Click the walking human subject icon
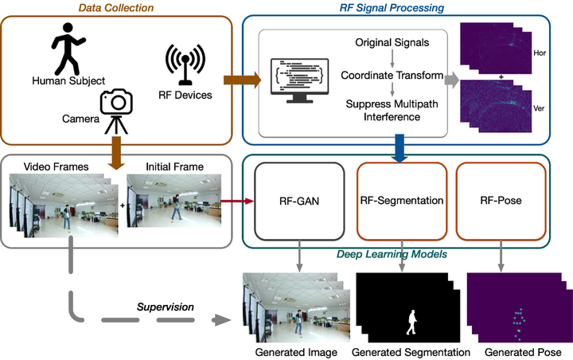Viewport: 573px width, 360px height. (68, 49)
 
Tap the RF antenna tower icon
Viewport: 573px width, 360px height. (185, 65)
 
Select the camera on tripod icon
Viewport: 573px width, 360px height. (116, 112)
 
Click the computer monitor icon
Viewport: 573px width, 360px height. (299, 80)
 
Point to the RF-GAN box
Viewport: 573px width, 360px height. (299, 202)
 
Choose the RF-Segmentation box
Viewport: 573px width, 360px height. (402, 202)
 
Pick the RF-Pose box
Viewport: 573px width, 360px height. (501, 202)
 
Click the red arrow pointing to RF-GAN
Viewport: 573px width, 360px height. (237, 201)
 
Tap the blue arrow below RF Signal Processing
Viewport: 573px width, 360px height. (400, 148)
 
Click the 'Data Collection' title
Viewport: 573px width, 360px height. (116, 8)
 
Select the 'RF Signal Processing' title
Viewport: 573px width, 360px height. (392, 8)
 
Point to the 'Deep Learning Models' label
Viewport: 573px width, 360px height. (392, 254)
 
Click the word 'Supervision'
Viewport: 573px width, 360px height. (166, 307)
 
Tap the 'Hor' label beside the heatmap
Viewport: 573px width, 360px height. (540, 53)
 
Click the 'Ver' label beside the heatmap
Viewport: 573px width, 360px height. (539, 108)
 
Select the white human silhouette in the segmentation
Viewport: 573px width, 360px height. (412, 323)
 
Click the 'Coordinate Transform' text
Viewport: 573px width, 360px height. (392, 76)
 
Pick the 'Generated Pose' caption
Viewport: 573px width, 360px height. (523, 352)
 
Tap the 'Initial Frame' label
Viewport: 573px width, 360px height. (174, 166)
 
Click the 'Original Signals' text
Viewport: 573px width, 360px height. (392, 42)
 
